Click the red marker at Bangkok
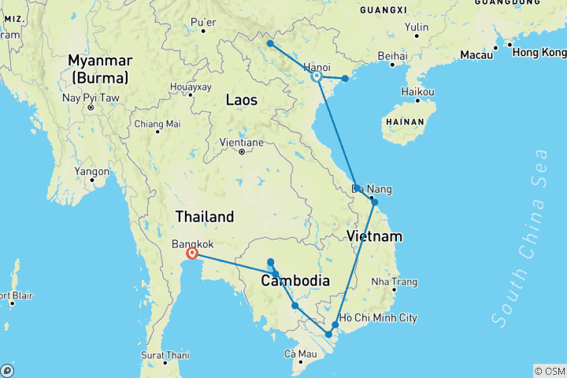pyautogui.click(x=192, y=254)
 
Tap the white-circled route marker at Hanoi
pyautogui.click(x=316, y=77)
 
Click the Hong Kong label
pyautogui.click(x=539, y=53)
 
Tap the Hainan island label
pyautogui.click(x=405, y=122)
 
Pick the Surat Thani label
pyautogui.click(x=165, y=354)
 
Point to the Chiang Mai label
pyautogui.click(x=157, y=124)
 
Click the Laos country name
pyautogui.click(x=241, y=100)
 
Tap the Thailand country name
pyautogui.click(x=205, y=217)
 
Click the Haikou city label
pyautogui.click(x=417, y=92)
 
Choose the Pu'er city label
pyautogui.click(x=203, y=21)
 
